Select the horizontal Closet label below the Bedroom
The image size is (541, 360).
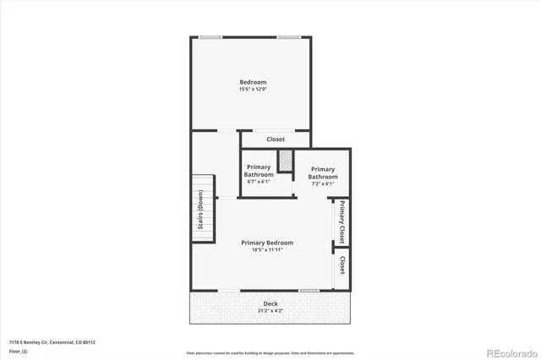(x=276, y=139)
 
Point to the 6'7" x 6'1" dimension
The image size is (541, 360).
(x=259, y=181)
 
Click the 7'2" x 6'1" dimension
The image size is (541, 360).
(x=322, y=183)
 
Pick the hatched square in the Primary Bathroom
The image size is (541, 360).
(x=285, y=161)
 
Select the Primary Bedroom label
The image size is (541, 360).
(x=266, y=243)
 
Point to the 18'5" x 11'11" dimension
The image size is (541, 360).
(x=266, y=249)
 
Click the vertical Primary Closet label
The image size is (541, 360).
(x=342, y=222)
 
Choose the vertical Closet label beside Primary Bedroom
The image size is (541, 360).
(x=342, y=266)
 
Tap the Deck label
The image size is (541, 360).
(x=270, y=304)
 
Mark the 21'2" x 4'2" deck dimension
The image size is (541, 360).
(x=270, y=311)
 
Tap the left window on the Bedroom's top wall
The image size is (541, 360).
(x=210, y=37)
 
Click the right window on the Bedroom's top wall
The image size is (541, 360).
(x=290, y=37)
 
